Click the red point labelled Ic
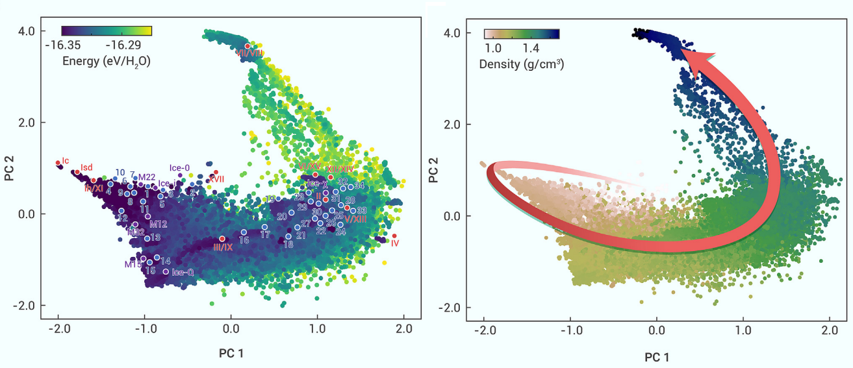click(x=58, y=162)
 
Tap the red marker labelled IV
click(x=394, y=236)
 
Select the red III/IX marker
click(x=222, y=239)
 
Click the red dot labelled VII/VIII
click(x=248, y=46)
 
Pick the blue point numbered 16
click(x=244, y=232)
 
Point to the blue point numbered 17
click(x=264, y=227)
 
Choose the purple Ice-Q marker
click(x=166, y=271)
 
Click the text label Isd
click(x=86, y=167)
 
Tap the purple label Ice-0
click(x=179, y=167)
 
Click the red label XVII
click(x=216, y=178)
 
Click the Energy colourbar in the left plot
click(x=107, y=31)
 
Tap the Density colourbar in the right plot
click(x=522, y=34)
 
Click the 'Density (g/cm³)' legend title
click(x=520, y=64)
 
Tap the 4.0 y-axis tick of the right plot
click(x=453, y=32)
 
